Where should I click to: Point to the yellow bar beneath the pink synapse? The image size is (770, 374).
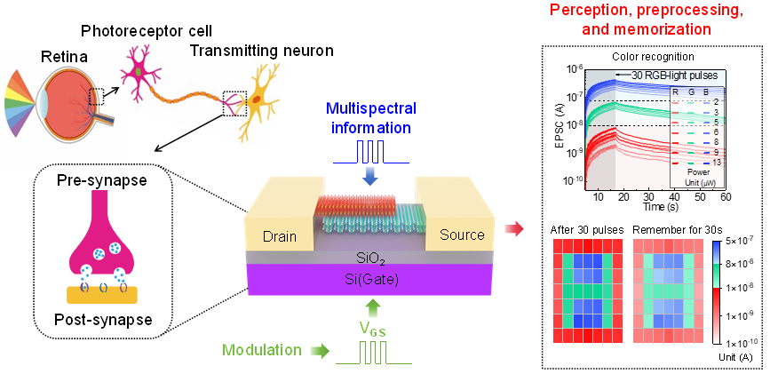point(102,295)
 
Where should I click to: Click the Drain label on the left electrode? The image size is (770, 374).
point(280,236)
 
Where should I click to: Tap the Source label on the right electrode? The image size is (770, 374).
point(462,235)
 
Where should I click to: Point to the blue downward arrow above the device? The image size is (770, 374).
point(371,176)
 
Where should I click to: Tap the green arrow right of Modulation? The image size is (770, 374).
point(317,351)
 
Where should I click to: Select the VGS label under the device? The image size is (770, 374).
point(373,329)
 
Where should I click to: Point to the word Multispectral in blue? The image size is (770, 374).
point(371,108)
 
